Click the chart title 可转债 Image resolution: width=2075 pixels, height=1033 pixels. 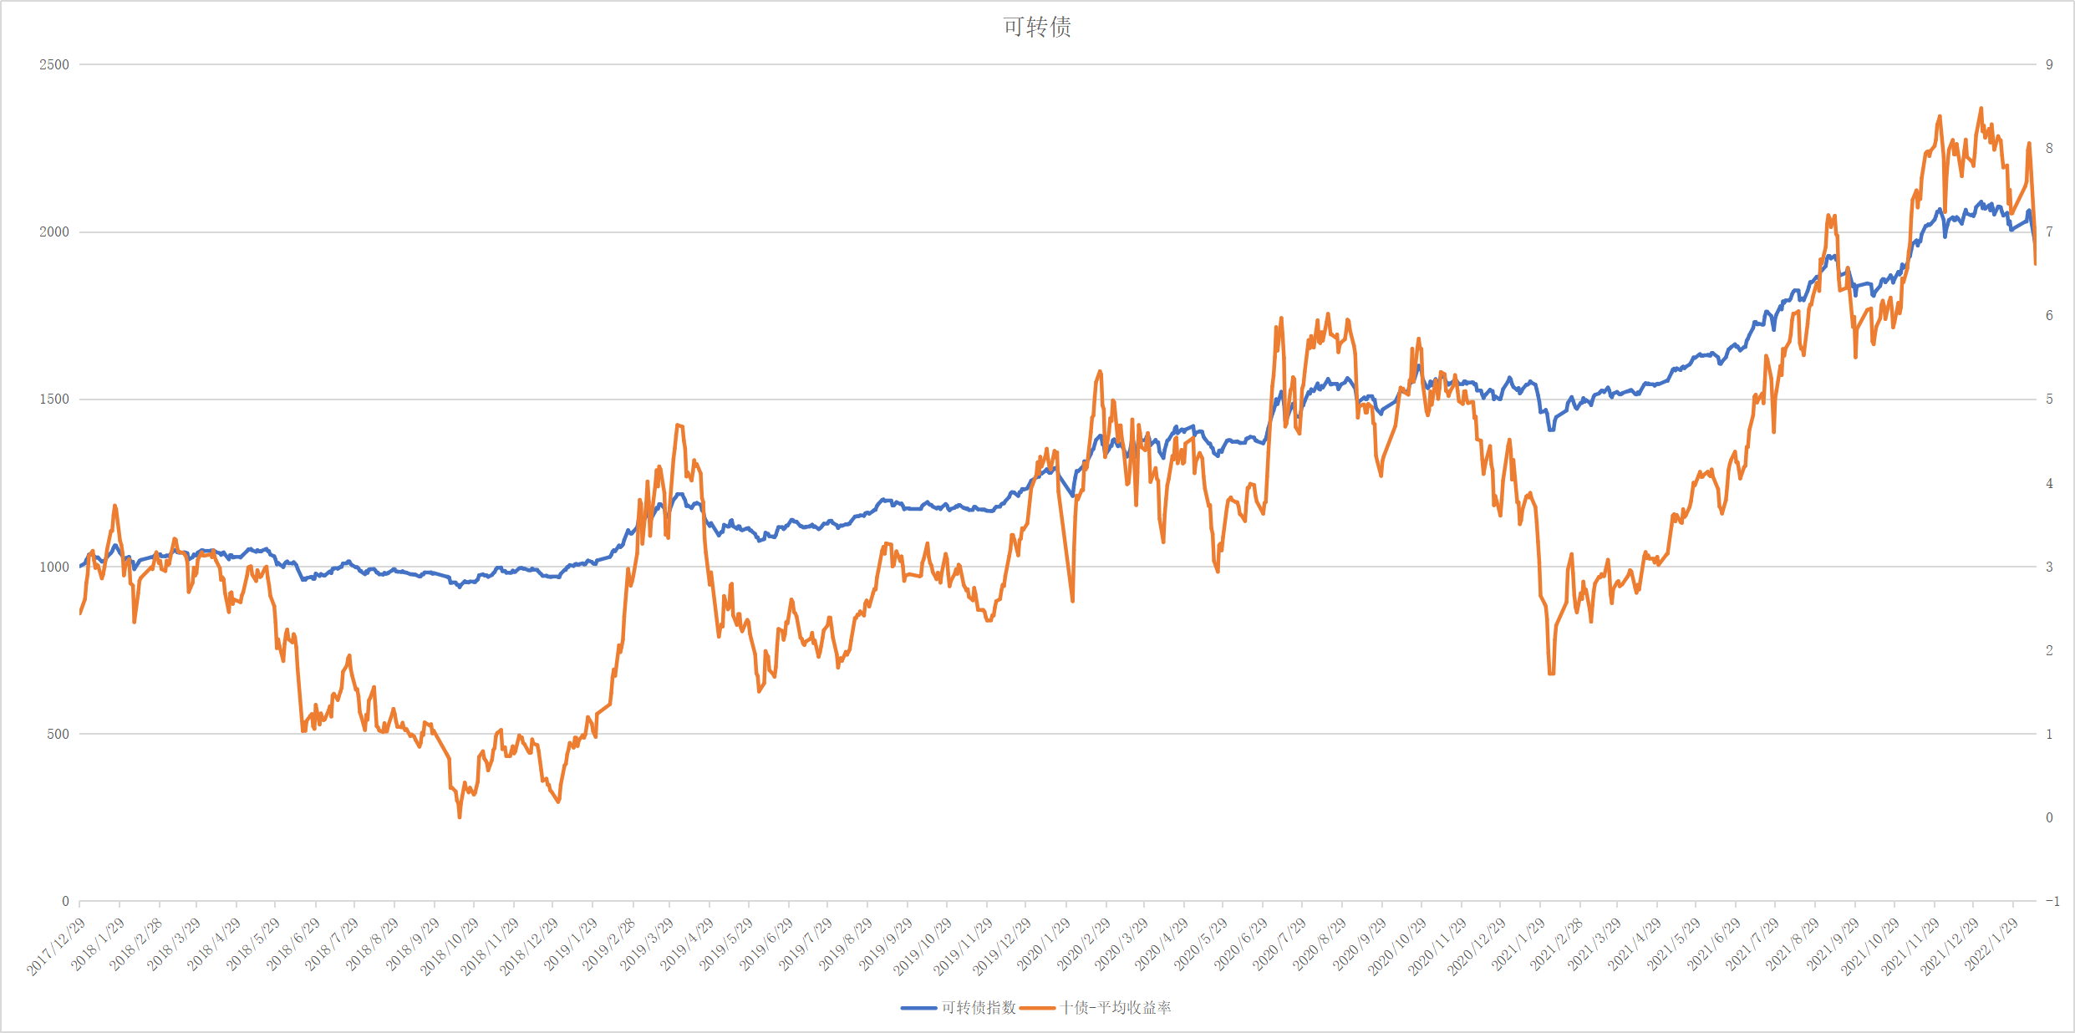(1037, 27)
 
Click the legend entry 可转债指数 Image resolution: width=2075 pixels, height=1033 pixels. (978, 1008)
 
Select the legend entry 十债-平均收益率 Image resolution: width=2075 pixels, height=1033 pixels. (1116, 1008)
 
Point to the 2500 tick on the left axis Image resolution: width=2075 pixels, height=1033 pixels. (54, 64)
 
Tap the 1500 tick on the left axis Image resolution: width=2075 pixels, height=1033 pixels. (54, 399)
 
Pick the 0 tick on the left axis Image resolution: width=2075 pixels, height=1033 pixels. (65, 901)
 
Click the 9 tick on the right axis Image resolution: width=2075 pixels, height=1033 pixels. (2049, 64)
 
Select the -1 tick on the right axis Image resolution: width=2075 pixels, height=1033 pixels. (2052, 901)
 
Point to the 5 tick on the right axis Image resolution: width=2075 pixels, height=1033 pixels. (2049, 399)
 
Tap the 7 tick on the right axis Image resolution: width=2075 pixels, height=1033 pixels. (2049, 232)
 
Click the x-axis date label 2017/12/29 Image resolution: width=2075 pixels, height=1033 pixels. (57, 946)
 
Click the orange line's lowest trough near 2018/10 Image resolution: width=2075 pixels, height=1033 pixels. (460, 817)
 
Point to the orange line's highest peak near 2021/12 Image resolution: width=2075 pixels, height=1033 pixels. (1981, 109)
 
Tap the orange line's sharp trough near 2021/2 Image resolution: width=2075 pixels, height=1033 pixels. (1551, 673)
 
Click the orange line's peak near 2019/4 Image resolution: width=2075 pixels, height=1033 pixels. (678, 425)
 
